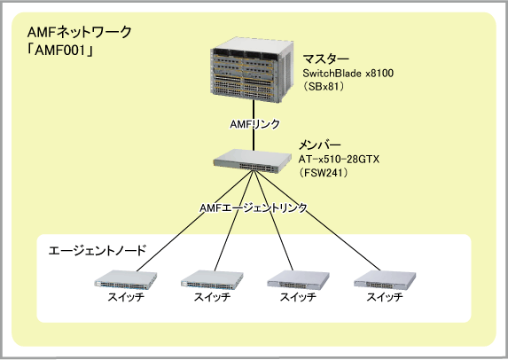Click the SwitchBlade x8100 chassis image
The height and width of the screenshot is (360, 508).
(252, 70)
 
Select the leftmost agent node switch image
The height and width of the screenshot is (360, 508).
(126, 279)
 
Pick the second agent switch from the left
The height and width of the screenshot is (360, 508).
(212, 279)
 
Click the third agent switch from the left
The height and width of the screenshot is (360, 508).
(298, 279)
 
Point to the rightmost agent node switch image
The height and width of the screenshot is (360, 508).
(385, 279)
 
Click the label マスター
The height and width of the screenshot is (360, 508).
(325, 59)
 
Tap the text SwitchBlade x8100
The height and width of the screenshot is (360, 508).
(348, 74)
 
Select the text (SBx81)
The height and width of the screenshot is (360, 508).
(324, 87)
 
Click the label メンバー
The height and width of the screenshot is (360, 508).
(319, 145)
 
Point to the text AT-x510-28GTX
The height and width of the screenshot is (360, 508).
(339, 159)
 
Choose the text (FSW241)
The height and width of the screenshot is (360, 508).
(324, 172)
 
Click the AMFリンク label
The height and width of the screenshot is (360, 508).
(254, 124)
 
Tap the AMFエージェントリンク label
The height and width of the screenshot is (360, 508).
(254, 207)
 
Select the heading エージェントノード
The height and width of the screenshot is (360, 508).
(98, 250)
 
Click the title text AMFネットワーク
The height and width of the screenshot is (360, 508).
(80, 33)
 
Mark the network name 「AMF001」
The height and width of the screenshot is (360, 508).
(60, 51)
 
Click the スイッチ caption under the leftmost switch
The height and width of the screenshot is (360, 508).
(126, 297)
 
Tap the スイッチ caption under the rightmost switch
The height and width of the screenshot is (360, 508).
(385, 297)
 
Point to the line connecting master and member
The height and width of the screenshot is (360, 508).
(254, 126)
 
